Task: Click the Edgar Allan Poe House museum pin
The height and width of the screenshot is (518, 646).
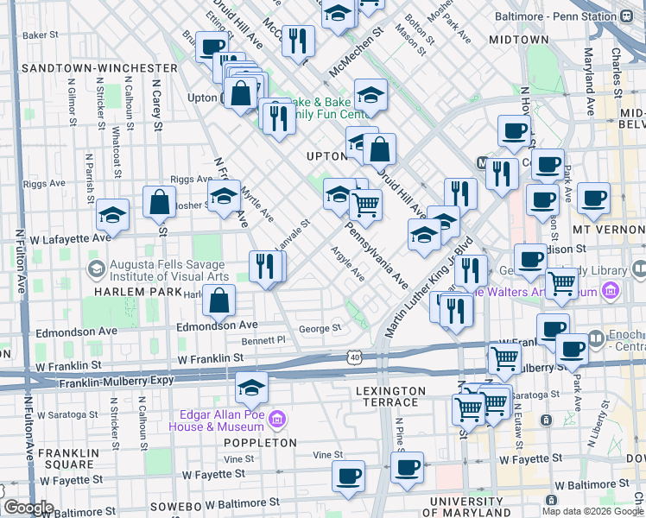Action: pyautogui.click(x=277, y=420)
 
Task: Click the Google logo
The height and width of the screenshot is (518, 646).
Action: pyautogui.click(x=28, y=508)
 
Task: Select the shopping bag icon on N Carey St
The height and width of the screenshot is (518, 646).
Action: pyautogui.click(x=160, y=203)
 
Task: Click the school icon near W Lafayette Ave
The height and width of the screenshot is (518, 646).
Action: pyautogui.click(x=111, y=215)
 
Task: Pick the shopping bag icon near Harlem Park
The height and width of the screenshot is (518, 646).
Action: pyautogui.click(x=220, y=300)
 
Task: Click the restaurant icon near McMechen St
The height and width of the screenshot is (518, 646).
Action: pyautogui.click(x=298, y=41)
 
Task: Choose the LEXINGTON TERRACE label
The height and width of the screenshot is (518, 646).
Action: pyautogui.click(x=391, y=391)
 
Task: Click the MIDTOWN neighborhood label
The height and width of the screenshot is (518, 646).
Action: pyautogui.click(x=518, y=40)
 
